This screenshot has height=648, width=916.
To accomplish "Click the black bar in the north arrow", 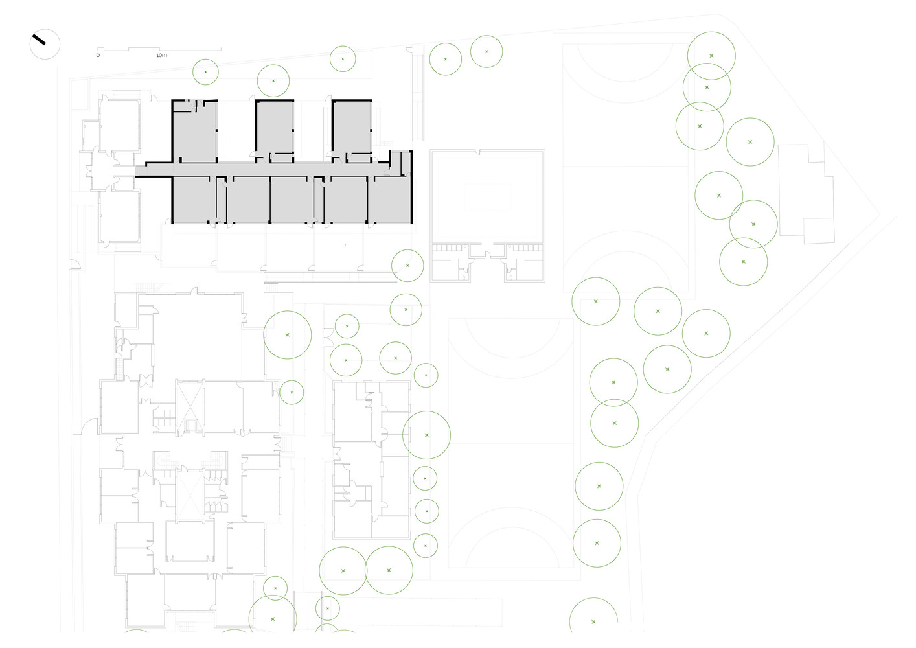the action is coord(39,40).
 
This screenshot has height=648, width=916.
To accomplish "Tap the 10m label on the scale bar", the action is coord(161,55).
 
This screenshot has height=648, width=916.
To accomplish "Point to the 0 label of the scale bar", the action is coord(98,55).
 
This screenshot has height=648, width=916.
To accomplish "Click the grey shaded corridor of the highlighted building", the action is coord(262,169).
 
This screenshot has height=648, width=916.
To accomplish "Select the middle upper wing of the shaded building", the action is coord(275,131).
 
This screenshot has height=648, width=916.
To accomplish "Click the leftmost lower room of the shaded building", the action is coord(194,200).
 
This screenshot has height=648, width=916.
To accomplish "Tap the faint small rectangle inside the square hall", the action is coord(487,197).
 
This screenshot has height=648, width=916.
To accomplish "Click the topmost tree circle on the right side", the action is coord(711,56).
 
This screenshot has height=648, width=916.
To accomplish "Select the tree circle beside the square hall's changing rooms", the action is coord(407,266).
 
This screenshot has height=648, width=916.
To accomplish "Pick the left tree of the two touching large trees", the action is coord(343,570).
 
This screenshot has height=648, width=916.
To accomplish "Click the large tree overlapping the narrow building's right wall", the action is coord(426,435).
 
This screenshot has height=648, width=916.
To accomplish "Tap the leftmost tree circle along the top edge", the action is coord(206,72).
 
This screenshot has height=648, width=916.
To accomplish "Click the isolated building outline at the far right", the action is coord(807,194).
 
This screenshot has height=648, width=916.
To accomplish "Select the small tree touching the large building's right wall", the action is coord(292,392).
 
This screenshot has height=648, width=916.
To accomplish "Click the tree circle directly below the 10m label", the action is coord(206,72).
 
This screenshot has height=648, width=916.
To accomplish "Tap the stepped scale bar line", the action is coord(159,49).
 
